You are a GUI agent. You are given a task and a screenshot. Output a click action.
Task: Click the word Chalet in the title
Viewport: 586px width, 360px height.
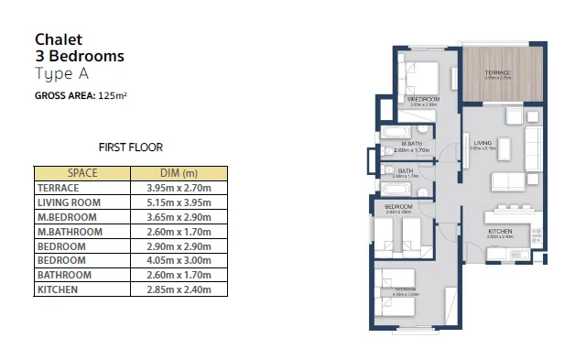59,39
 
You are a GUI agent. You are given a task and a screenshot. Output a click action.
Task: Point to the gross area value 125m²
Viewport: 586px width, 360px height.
114,95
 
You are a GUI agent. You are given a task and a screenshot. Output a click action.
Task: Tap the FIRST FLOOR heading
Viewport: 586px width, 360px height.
130,147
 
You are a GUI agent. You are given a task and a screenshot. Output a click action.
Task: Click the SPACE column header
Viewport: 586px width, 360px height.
82,173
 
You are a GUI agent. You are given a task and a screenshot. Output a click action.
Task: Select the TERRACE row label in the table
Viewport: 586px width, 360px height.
58,188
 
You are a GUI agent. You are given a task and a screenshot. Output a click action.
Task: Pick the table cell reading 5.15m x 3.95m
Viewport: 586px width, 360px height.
179,202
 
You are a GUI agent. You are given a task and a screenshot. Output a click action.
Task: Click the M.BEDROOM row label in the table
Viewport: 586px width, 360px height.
63,217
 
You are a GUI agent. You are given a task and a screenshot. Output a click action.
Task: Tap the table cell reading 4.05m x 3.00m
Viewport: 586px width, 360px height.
179,261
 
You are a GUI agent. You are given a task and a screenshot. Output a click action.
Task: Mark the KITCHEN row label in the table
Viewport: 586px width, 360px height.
57,290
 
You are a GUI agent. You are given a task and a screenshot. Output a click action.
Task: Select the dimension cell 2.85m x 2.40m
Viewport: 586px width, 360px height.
179,290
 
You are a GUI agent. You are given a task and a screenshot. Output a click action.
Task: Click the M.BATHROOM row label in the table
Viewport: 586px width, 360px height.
69,232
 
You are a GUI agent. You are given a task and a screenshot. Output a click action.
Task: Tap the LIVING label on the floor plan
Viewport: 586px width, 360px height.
483,143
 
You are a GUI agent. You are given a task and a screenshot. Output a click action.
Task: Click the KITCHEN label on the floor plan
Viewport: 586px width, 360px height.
500,231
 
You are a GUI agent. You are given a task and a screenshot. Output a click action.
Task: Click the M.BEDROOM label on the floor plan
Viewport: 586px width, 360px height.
423,98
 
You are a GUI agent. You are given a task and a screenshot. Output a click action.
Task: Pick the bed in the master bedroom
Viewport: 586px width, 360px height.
419,75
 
